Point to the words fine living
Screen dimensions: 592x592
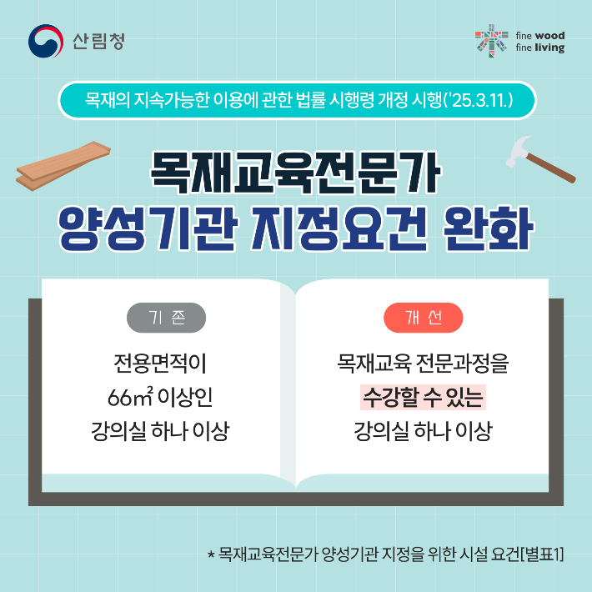(539, 48)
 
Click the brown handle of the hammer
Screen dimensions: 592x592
(554, 170)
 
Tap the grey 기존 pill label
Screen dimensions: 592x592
(166, 318)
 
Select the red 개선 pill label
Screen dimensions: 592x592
(423, 318)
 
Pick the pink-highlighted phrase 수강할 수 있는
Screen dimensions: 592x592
(422, 396)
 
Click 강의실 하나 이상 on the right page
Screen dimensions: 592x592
(422, 432)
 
